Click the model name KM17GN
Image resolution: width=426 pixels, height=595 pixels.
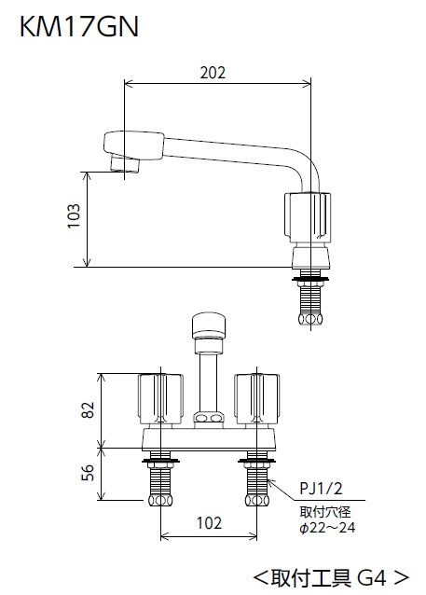(79, 26)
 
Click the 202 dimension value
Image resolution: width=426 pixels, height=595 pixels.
(213, 73)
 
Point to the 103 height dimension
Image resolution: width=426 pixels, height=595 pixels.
(74, 216)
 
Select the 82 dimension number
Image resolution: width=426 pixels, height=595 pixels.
(88, 409)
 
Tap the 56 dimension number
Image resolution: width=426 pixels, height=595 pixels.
(88, 473)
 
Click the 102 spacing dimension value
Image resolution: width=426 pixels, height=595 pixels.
(209, 523)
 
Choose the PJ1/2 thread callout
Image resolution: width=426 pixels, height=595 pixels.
(321, 489)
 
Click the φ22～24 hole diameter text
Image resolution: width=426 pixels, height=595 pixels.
(327, 528)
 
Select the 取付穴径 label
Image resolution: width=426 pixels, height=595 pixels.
(325, 512)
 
